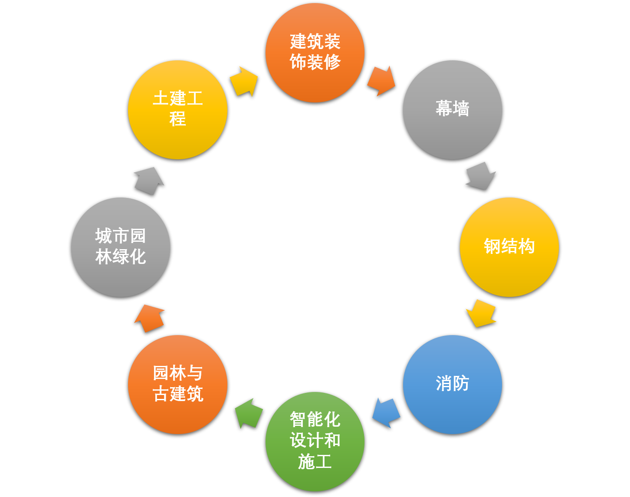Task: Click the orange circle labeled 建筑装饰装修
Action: point(315,53)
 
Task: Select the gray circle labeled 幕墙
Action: point(453,110)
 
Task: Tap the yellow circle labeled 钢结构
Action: point(509,247)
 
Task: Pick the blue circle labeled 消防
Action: point(453,385)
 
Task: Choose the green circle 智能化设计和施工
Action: point(315,441)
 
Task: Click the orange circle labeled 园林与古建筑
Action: point(178,385)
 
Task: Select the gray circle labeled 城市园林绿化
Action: point(121,247)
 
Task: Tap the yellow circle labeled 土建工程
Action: point(178,110)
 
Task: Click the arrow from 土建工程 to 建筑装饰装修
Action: point(244,81)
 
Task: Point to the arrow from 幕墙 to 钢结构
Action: point(481,176)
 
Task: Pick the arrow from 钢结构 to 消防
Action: point(481,313)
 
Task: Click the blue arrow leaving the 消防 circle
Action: point(386,413)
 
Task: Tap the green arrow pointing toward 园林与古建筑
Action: point(249,413)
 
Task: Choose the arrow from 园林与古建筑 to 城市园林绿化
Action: point(149,318)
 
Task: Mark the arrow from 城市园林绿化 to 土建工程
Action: point(149,181)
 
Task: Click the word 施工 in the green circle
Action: point(315,461)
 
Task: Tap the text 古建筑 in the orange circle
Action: point(178,394)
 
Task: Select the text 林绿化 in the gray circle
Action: point(121,257)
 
